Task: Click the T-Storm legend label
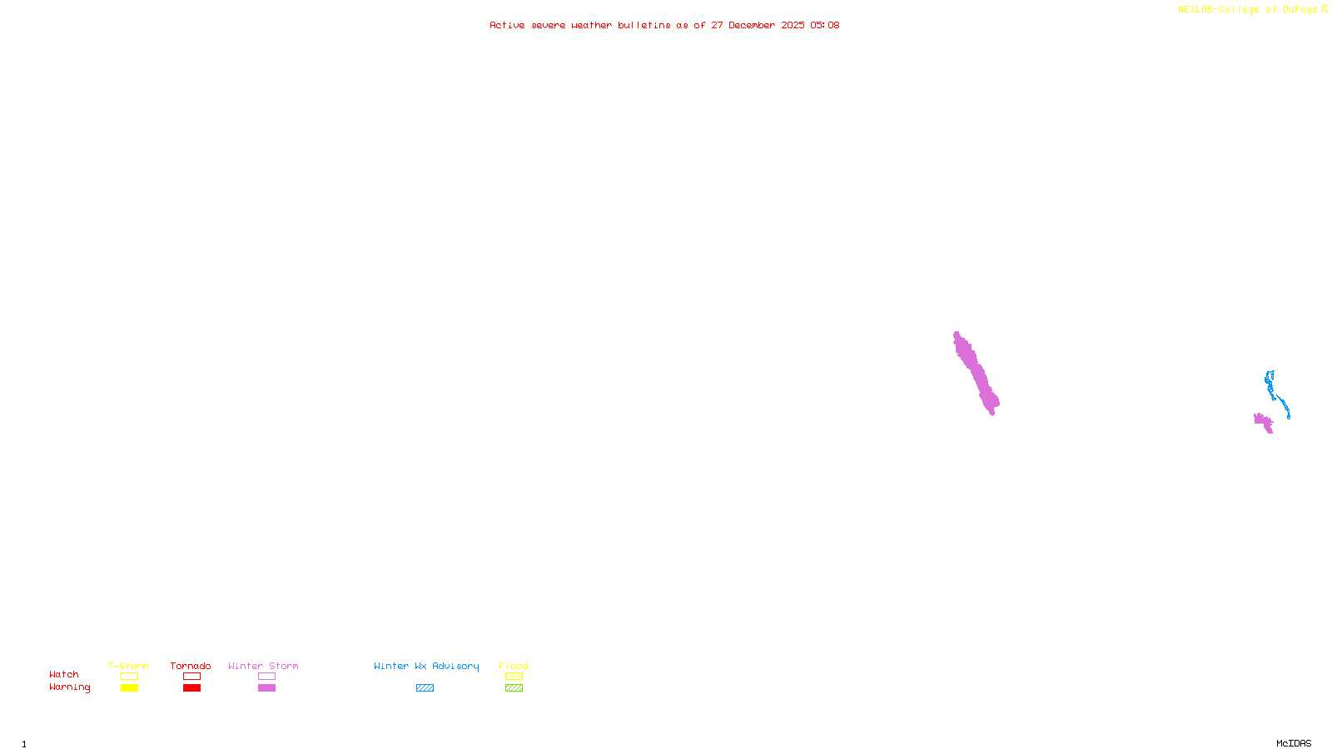click(128, 666)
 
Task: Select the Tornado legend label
click(191, 666)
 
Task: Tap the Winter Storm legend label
click(263, 666)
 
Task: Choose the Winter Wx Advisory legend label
click(426, 666)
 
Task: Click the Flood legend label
click(514, 666)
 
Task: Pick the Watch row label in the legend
click(64, 675)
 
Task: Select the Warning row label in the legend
click(69, 687)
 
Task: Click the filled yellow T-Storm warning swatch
click(129, 688)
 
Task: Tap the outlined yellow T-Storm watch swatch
click(129, 677)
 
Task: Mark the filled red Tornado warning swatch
click(192, 688)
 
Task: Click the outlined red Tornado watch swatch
click(192, 677)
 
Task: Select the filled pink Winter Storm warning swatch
click(266, 688)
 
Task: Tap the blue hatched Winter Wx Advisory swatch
click(425, 688)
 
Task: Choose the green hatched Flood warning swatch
click(514, 688)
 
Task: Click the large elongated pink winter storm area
click(976, 373)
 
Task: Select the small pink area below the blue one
click(1264, 422)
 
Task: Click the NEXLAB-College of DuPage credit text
click(1247, 10)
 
